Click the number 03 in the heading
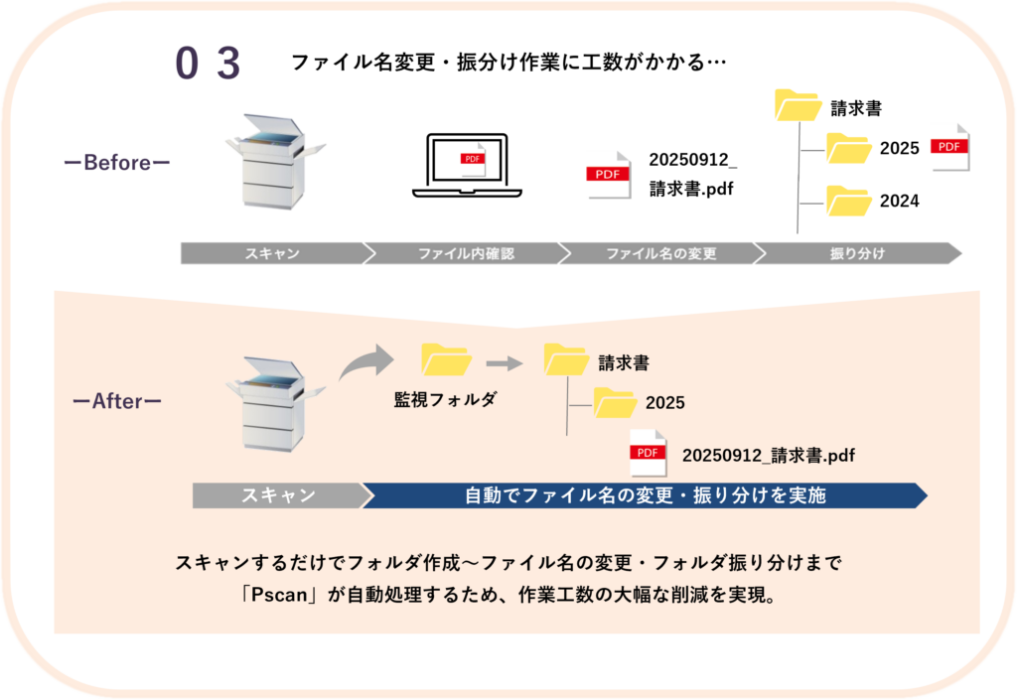[x=209, y=65]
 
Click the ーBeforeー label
[x=117, y=162]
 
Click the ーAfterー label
[x=117, y=401]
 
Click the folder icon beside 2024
[x=848, y=201]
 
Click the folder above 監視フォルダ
[x=446, y=359]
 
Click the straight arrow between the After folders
[x=505, y=363]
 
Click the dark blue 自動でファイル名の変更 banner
[x=646, y=494]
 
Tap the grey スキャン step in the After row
[x=278, y=494]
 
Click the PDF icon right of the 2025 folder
[x=949, y=147]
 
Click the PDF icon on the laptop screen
[x=472, y=160]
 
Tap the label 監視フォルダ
[x=445, y=399]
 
